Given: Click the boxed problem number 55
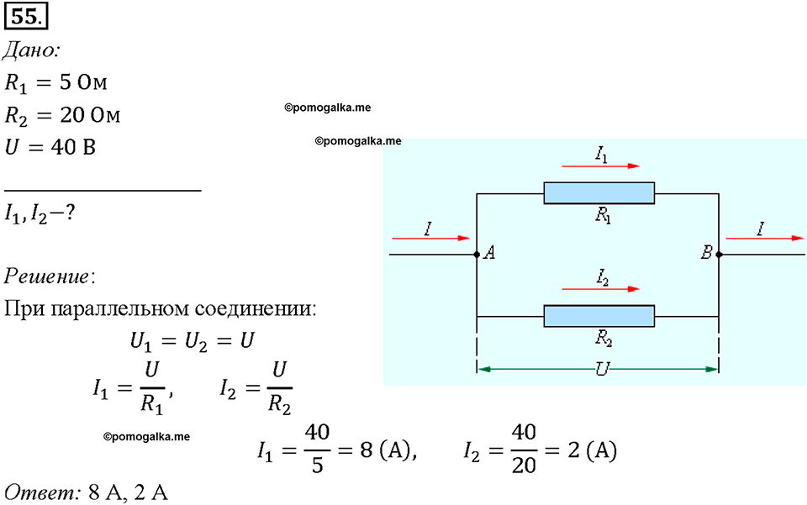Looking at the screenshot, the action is [26, 17].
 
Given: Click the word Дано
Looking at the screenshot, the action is [32, 50].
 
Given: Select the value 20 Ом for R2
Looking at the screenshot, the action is [90, 115].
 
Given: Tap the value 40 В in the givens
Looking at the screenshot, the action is [73, 148].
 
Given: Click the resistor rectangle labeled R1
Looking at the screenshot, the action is [599, 193].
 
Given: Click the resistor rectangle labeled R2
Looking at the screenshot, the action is [599, 316].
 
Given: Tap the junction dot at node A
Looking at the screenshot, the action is [477, 255].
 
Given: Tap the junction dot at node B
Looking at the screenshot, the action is [719, 255].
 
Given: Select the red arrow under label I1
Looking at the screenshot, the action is [600, 166].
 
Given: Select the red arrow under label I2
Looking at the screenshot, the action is [600, 289].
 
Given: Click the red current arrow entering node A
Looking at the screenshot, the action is [430, 238].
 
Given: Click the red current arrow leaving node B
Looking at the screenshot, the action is [764, 238].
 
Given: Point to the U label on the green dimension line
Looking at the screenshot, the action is [602, 369].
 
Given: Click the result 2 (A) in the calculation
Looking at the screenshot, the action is [593, 450].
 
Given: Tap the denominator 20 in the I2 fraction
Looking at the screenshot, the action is [524, 466].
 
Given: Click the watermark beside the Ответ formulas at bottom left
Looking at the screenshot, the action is [146, 437].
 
